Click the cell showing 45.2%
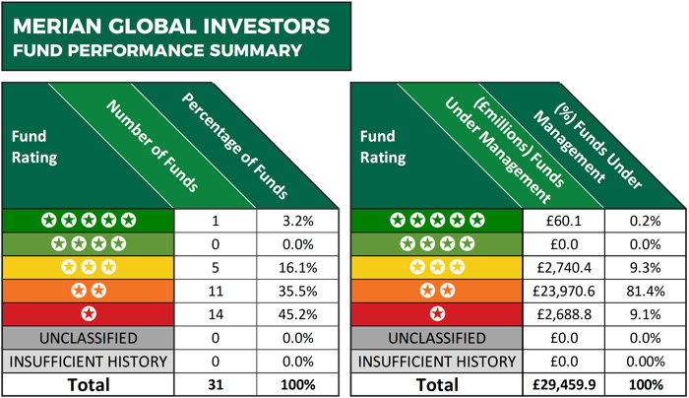point(298,313)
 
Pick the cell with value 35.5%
point(298,291)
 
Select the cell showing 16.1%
point(298,267)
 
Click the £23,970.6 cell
point(563,291)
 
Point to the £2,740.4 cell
point(563,267)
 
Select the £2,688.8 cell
point(563,313)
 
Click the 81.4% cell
point(645,291)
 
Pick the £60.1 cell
point(563,221)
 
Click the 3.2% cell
point(298,221)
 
